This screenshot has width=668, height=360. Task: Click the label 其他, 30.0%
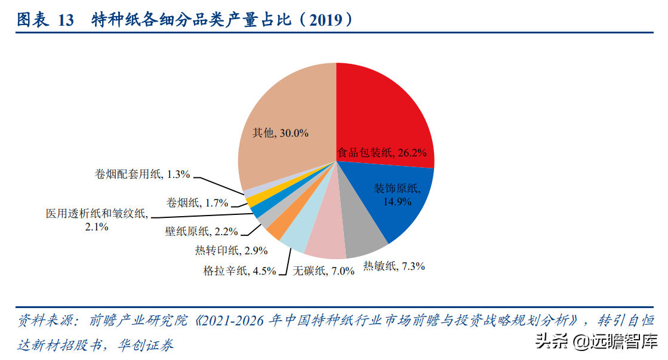point(280,133)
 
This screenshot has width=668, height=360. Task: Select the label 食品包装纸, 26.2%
point(382,153)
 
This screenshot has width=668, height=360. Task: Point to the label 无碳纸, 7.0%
point(324,270)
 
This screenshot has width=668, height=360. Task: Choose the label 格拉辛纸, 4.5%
point(239,270)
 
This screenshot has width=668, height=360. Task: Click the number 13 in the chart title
point(65,20)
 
